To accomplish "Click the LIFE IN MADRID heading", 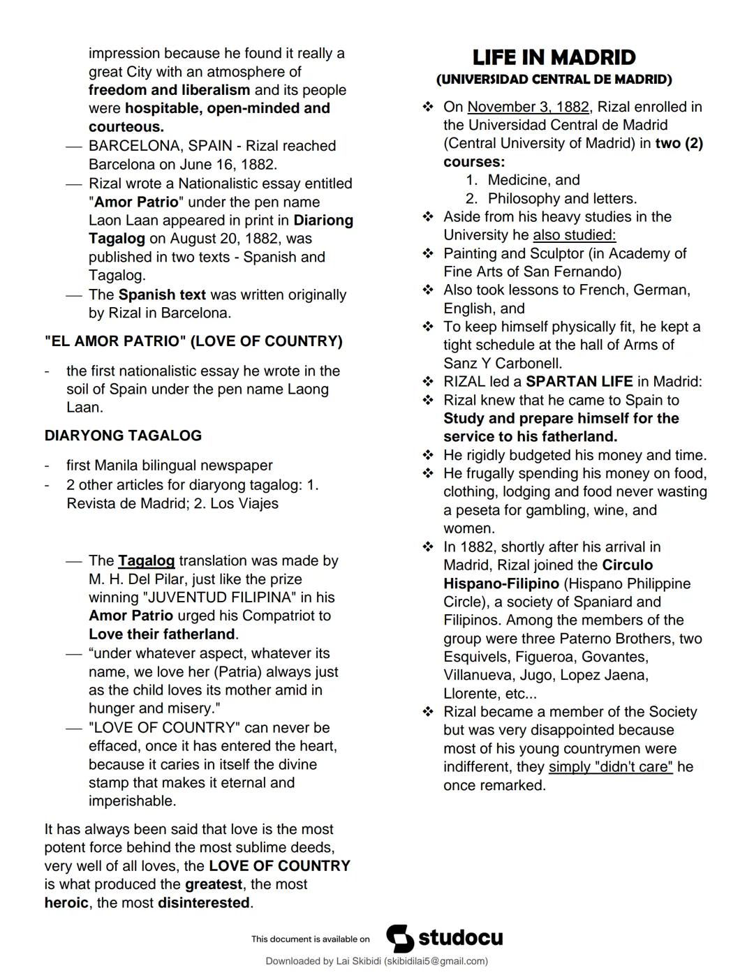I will point(554,57).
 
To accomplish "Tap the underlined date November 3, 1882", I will point(528,107).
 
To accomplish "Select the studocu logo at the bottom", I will point(445,938).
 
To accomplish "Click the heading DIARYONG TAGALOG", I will point(123,436).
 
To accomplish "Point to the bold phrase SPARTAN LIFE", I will point(579,382).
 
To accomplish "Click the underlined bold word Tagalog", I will point(146,560).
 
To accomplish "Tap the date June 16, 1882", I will point(228,165).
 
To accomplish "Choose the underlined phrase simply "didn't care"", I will point(610,767).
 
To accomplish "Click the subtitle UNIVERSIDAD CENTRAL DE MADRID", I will point(554,80).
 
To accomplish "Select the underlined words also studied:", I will point(574,235).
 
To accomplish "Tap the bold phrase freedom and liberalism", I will point(169,90).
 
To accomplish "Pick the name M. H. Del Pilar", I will point(137,579).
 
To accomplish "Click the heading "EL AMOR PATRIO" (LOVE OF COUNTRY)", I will point(193,341).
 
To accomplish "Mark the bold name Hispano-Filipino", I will point(501,583).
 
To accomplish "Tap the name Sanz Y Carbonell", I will point(503,363).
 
